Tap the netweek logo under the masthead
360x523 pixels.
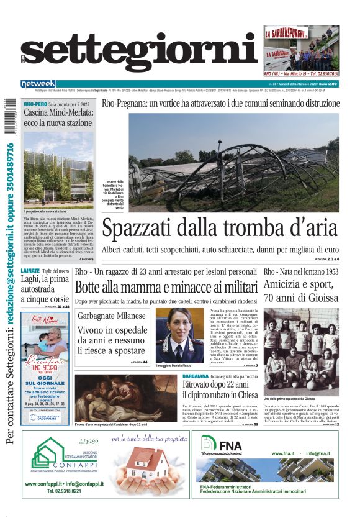pos(38,83)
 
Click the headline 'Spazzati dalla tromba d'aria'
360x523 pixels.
pos(220,229)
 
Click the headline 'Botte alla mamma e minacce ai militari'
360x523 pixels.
pos(166,287)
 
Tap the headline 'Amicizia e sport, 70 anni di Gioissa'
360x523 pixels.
pos(301,291)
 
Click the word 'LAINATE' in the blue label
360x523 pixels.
pos(30,271)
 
